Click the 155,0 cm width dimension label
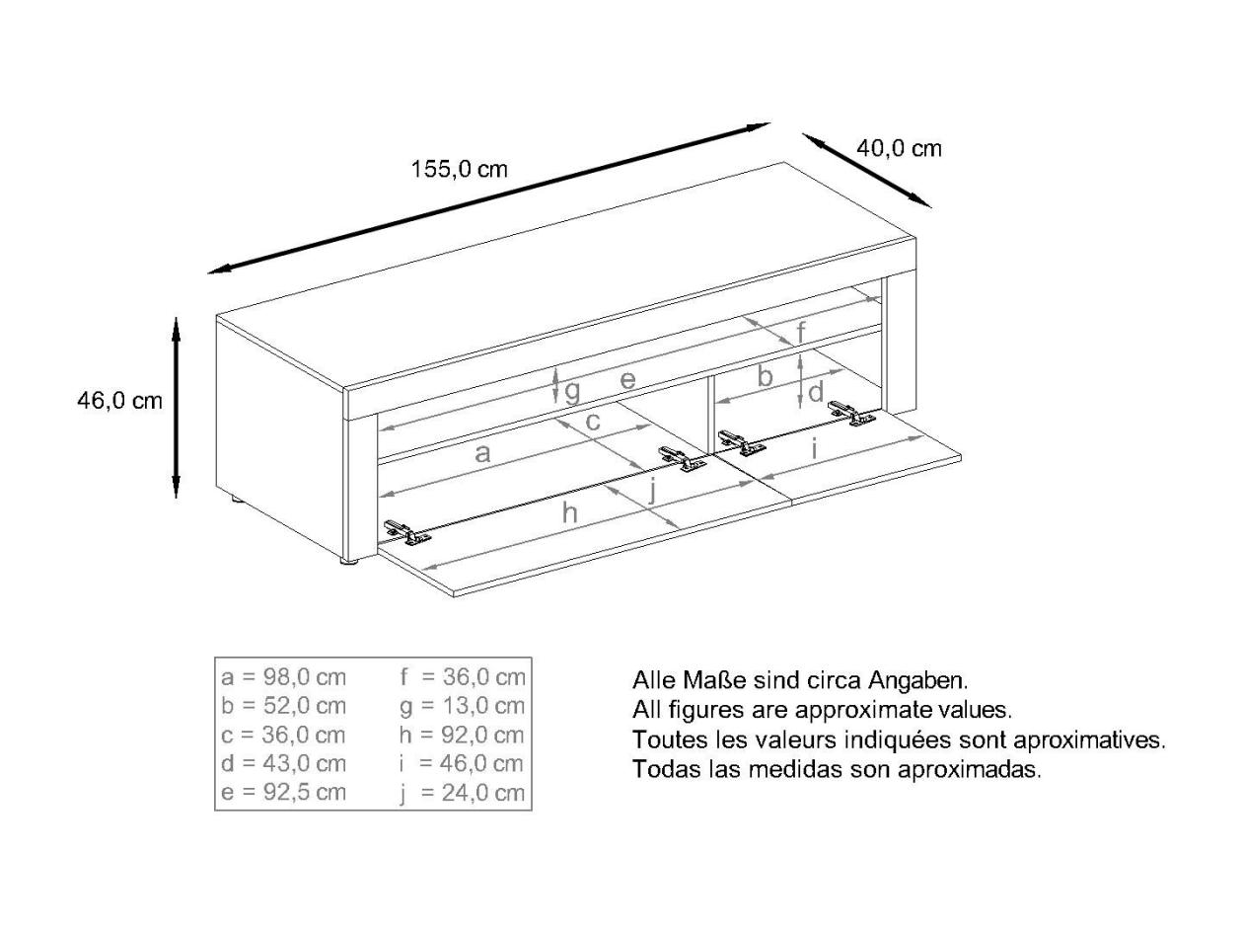tap(459, 169)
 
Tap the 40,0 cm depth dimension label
tap(899, 148)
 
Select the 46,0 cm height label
tap(119, 401)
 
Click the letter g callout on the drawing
tap(572, 392)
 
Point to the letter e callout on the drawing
tap(627, 379)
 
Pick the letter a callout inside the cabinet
tap(482, 453)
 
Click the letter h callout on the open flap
tap(569, 512)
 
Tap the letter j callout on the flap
tap(652, 490)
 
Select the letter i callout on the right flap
tap(814, 449)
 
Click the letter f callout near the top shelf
tap(801, 332)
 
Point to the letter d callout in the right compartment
tap(816, 392)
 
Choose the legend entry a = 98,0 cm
tap(284, 677)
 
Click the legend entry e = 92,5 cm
tap(284, 792)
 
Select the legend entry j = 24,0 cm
tap(462, 793)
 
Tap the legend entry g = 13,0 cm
tap(462, 706)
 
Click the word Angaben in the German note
tap(918, 680)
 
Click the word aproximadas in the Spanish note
tap(970, 769)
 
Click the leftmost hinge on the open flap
tap(406, 533)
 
